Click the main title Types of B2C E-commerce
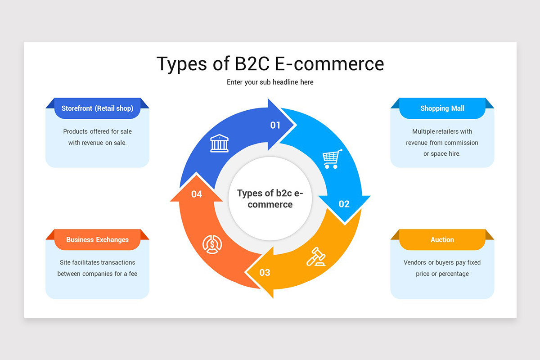click(x=270, y=63)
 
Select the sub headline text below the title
click(x=270, y=82)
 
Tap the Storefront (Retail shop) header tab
click(x=97, y=108)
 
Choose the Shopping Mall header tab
click(x=442, y=108)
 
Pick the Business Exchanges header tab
click(x=97, y=240)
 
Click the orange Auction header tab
click(x=442, y=240)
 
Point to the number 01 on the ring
click(x=275, y=125)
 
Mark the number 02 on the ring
click(x=344, y=204)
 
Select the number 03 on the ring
click(x=265, y=272)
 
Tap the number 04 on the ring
click(x=197, y=194)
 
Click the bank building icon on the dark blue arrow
click(x=219, y=143)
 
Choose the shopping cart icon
click(x=332, y=159)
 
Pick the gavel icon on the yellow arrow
click(x=316, y=257)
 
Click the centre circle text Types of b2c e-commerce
click(x=270, y=199)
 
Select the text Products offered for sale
click(x=97, y=131)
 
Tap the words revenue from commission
click(x=442, y=143)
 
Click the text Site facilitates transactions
click(x=97, y=262)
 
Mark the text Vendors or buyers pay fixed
click(x=442, y=262)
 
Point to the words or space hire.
click(x=442, y=154)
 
